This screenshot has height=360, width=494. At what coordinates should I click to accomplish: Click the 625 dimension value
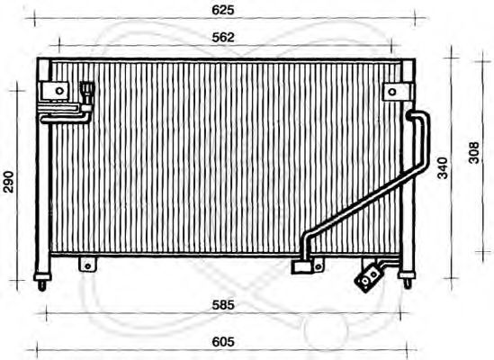pyautogui.click(x=223, y=10)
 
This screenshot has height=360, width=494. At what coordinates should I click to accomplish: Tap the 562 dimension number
pyautogui.click(x=223, y=38)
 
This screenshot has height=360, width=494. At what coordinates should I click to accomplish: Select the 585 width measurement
pyautogui.click(x=223, y=305)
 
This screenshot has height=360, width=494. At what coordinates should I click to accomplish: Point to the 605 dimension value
pyautogui.click(x=223, y=342)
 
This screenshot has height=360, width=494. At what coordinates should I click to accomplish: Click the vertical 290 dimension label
pyautogui.click(x=8, y=182)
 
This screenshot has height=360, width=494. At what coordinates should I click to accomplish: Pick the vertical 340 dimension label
pyautogui.click(x=443, y=167)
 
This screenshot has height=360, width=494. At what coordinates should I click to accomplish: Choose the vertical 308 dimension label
pyautogui.click(x=474, y=153)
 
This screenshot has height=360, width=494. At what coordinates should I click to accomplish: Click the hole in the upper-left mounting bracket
pyautogui.click(x=59, y=91)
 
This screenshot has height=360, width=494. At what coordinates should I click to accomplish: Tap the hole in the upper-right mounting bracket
pyautogui.click(x=392, y=92)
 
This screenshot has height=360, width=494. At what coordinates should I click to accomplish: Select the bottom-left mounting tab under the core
pyautogui.click(x=87, y=265)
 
